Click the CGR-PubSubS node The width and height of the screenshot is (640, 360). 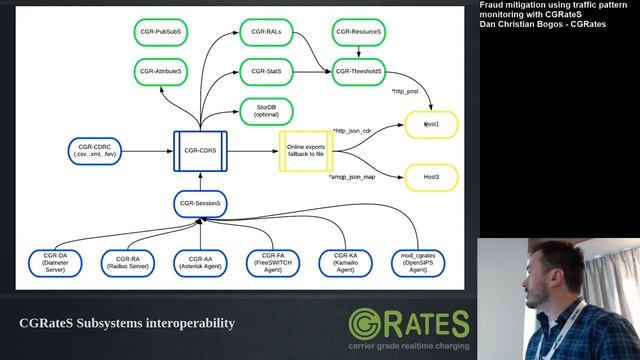pos(161,32)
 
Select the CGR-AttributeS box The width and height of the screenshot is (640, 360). pos(161,72)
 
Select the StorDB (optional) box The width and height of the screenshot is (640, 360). pos(266,110)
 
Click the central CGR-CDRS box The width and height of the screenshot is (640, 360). pos(200,150)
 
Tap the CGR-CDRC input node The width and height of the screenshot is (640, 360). pos(95,150)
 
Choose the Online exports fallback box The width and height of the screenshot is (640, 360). pos(306,150)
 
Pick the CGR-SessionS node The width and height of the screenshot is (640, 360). pos(201,204)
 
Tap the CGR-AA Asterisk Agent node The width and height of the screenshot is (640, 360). pos(195,262)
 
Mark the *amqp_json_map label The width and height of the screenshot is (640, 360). pos(354,177)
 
